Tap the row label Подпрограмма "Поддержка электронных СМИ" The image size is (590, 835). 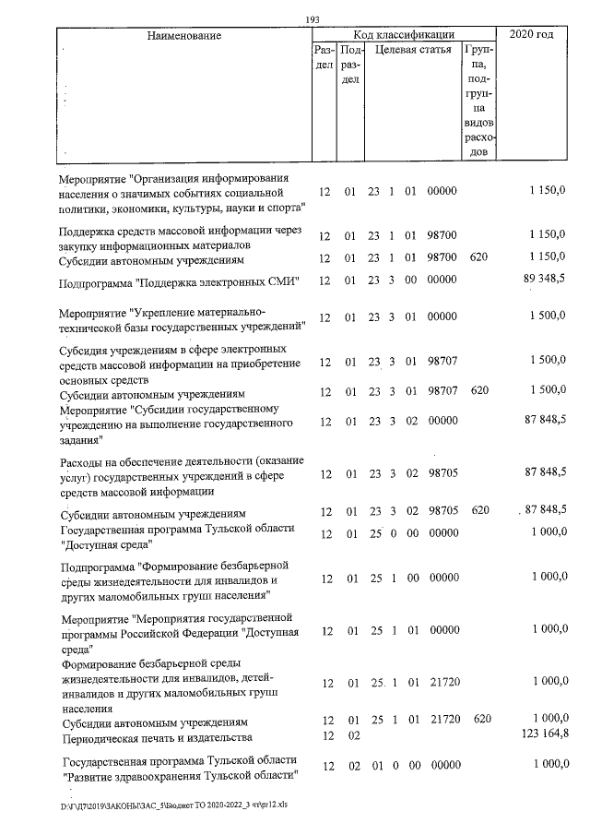pos(180,281)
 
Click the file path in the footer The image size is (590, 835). pos(174,805)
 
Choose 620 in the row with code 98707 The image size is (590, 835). pos(478,391)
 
